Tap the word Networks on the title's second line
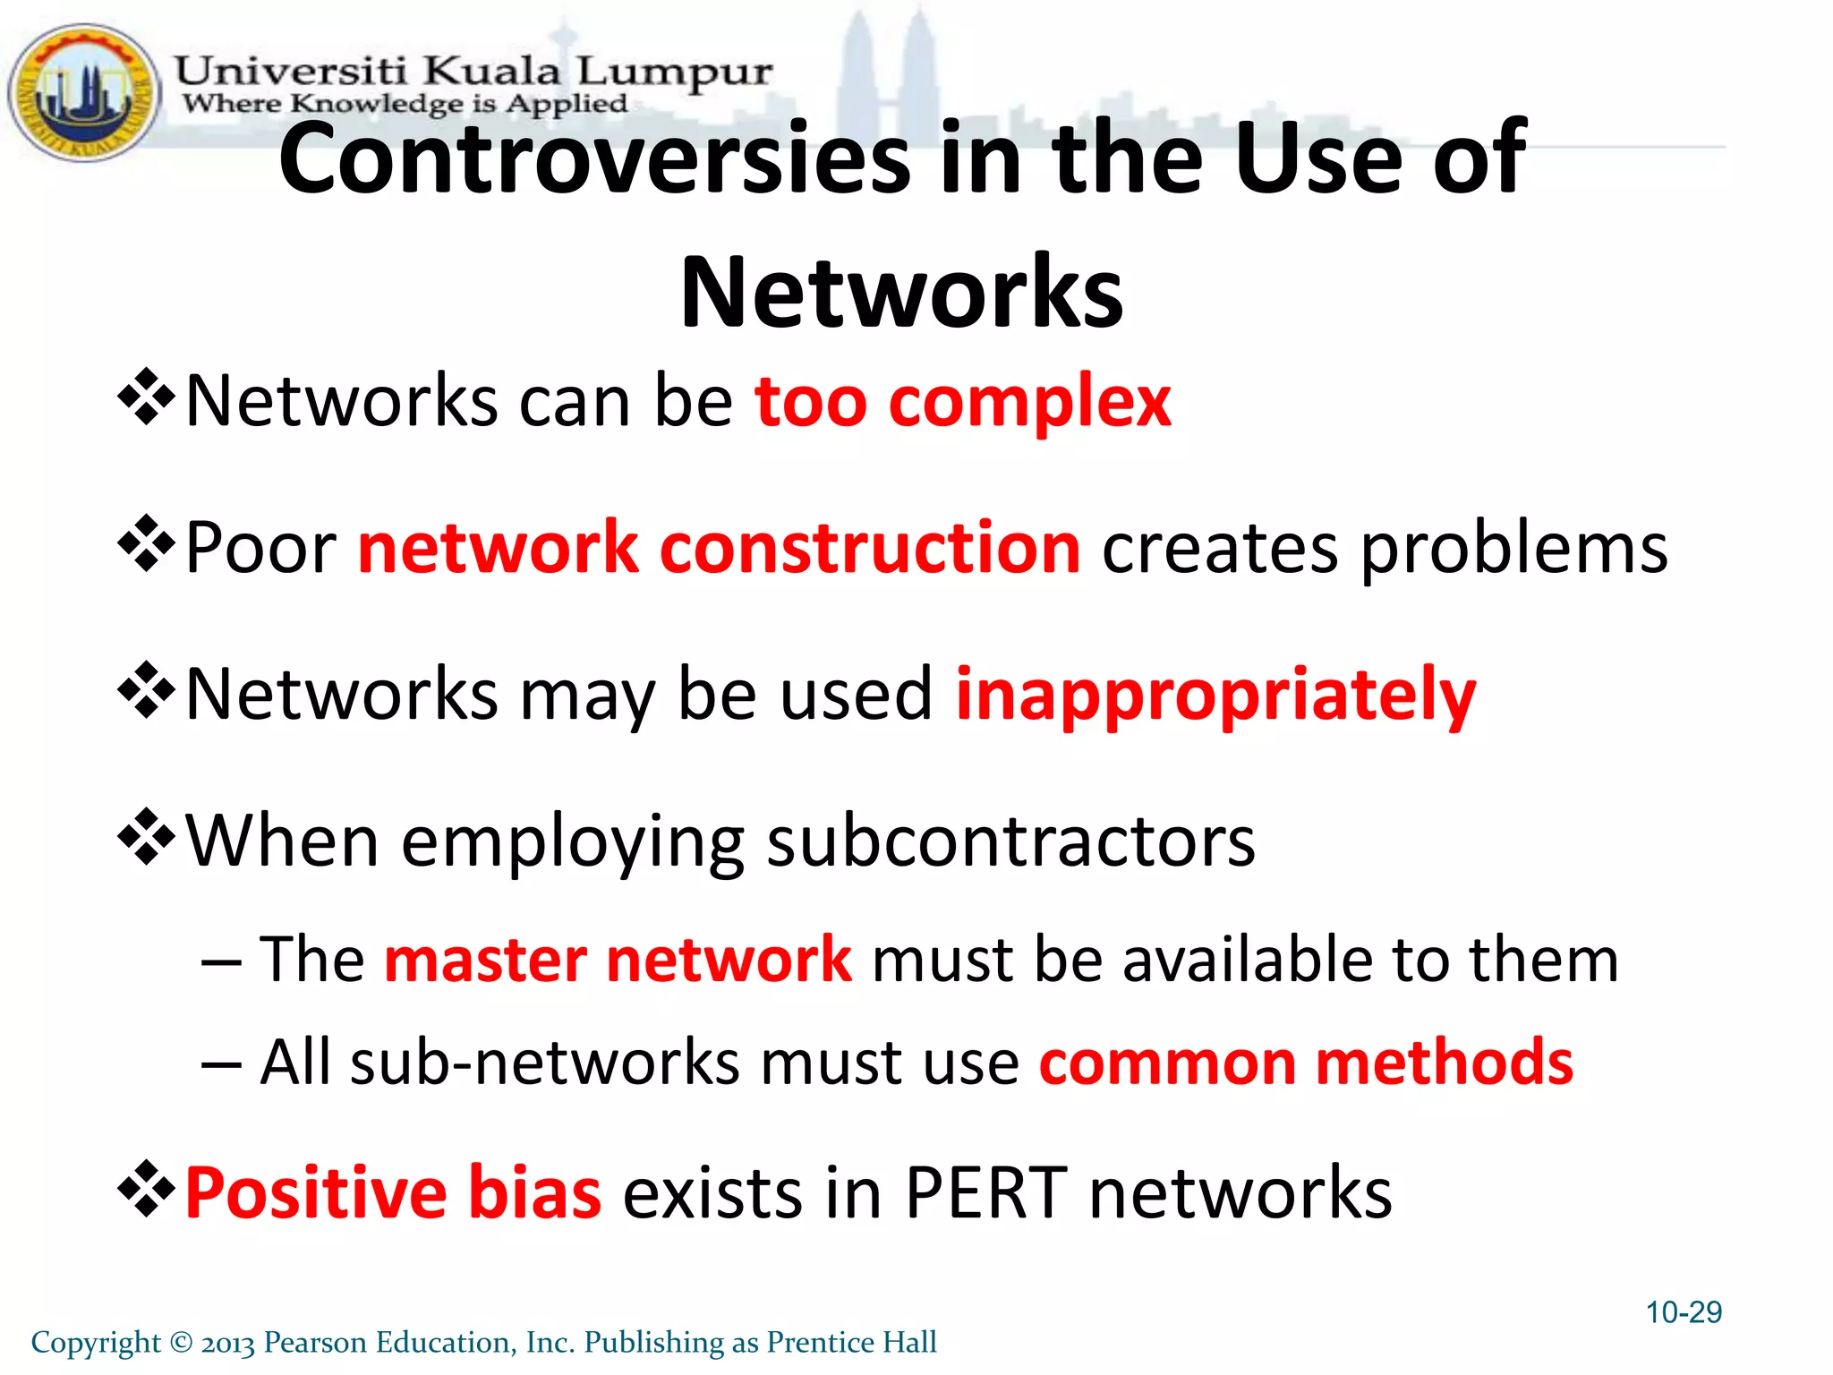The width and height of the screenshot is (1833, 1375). click(901, 293)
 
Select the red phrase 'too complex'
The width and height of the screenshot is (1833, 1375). click(962, 402)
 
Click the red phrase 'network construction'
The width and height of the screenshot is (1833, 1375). click(719, 548)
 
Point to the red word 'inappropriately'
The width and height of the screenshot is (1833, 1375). click(1215, 696)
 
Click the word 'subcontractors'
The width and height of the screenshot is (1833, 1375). click(1010, 841)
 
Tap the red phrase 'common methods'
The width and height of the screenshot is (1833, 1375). click(1306, 1063)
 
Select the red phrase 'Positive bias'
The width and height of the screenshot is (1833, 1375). click(393, 1192)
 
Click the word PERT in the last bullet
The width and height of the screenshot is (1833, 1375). click(986, 1192)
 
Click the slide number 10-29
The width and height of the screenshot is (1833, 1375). click(1684, 1312)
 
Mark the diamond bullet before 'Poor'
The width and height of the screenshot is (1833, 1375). click(145, 543)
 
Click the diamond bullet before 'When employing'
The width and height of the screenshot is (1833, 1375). click(145, 837)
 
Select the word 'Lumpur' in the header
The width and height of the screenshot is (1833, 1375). click(674, 72)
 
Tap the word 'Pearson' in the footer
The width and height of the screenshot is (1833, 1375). click(315, 1343)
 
